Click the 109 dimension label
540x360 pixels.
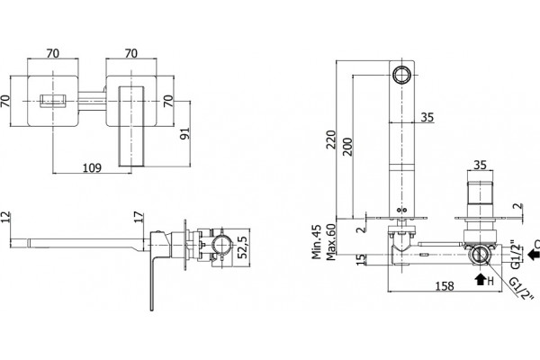(x=93, y=167)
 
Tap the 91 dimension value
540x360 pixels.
(x=184, y=134)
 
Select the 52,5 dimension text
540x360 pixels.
(x=242, y=247)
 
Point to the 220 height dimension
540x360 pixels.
(x=331, y=139)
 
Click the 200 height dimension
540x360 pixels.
(x=347, y=147)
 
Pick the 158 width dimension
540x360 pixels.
(x=445, y=286)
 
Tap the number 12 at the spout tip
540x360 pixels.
(x=6, y=218)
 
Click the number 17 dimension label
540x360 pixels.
(x=139, y=218)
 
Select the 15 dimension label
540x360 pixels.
(x=361, y=259)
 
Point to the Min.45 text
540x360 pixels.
(x=316, y=242)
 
